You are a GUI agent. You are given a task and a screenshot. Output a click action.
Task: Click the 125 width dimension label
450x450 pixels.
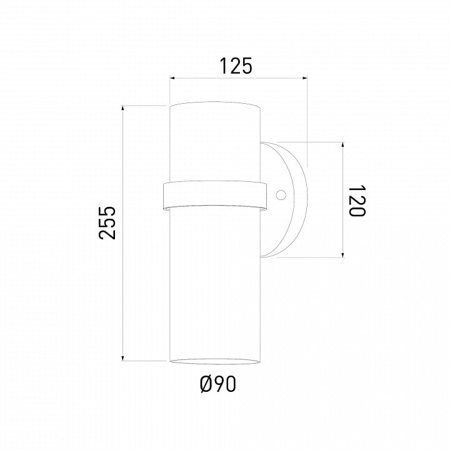click(x=236, y=66)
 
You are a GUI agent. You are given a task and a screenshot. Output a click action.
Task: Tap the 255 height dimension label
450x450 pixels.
click(x=107, y=222)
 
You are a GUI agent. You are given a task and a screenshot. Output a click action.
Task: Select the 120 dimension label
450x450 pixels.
click(x=357, y=201)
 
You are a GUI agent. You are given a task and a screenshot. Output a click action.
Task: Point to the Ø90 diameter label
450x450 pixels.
click(x=218, y=384)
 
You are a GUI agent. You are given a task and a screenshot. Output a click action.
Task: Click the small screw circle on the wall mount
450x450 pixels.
click(x=281, y=195)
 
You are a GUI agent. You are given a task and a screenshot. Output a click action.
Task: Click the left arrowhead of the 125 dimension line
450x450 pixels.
click(x=172, y=77)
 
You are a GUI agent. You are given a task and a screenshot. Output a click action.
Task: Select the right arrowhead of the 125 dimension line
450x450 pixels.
click(x=305, y=77)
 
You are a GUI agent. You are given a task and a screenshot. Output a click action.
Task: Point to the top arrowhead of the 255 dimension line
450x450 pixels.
click(x=123, y=109)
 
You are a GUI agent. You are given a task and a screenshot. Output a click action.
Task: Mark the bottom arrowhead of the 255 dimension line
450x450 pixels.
click(x=123, y=358)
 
